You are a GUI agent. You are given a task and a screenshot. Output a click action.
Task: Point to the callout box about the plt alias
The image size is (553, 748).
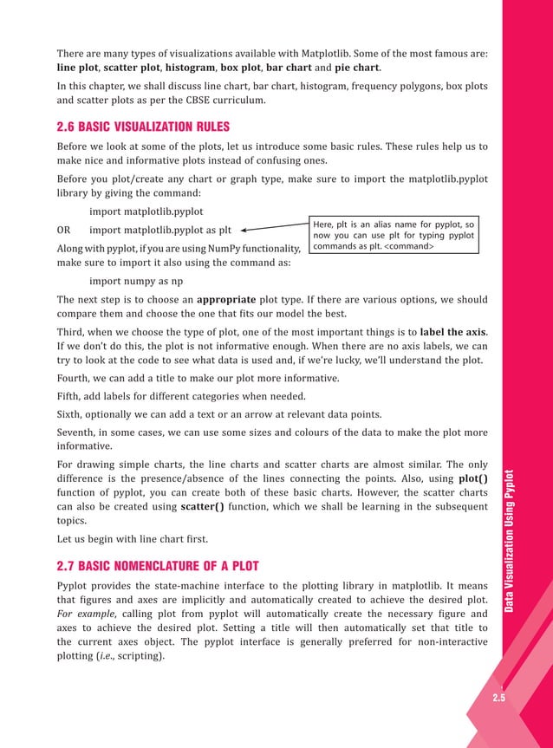tap(395, 235)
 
